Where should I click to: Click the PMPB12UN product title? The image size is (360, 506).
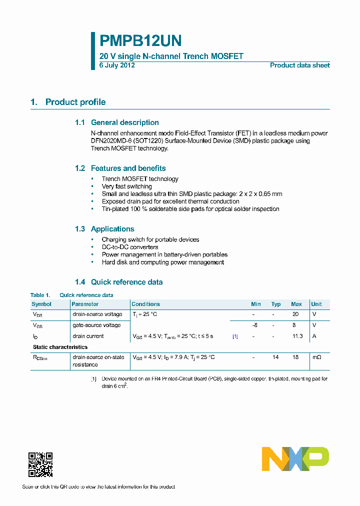(x=140, y=40)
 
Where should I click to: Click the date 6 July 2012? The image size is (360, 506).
(x=117, y=65)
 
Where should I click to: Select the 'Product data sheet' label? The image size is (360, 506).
(x=299, y=65)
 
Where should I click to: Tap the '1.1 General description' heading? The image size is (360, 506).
(x=117, y=122)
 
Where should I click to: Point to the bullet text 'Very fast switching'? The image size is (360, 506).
(x=127, y=186)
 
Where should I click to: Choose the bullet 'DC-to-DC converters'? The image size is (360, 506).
(x=130, y=247)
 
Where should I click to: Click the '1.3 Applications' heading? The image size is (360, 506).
(x=104, y=229)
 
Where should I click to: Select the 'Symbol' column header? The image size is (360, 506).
(x=41, y=304)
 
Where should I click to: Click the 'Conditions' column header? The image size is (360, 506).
(x=145, y=304)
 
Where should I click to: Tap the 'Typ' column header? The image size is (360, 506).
(x=276, y=304)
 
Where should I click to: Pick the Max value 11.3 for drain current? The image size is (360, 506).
(x=297, y=336)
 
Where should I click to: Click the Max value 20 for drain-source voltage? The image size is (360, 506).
(x=295, y=314)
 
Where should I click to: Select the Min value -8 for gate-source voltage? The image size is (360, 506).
(x=254, y=325)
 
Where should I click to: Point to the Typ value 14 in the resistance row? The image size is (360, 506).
(x=276, y=357)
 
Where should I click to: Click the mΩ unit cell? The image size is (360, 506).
(x=317, y=357)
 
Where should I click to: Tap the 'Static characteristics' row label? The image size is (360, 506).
(x=60, y=347)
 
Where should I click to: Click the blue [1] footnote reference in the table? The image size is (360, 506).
(x=235, y=336)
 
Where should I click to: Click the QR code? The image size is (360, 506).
(x=40, y=464)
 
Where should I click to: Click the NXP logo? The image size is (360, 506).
(x=295, y=459)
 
